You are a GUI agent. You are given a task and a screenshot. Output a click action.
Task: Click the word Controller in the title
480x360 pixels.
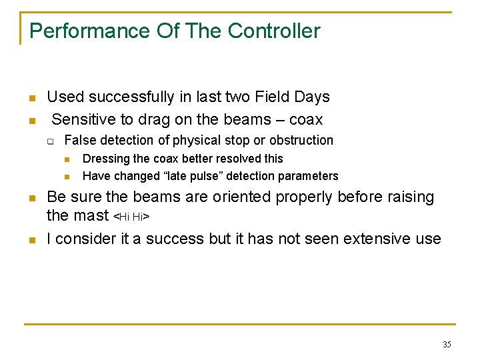[273, 31]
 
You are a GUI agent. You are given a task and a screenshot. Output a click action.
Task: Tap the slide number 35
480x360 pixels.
[447, 345]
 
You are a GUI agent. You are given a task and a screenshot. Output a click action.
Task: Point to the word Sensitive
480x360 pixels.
[84, 120]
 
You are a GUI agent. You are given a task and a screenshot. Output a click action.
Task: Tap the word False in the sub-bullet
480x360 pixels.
[79, 141]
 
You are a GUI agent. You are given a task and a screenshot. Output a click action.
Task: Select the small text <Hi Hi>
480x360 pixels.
[131, 217]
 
